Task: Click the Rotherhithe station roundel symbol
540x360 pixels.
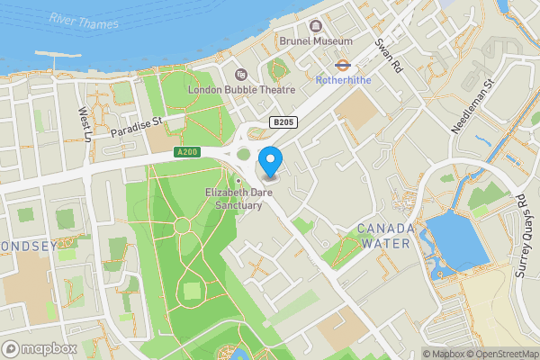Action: tap(343, 65)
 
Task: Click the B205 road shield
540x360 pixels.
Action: tap(283, 121)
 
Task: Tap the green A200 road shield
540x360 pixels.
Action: tap(187, 152)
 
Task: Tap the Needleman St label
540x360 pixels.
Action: tap(473, 107)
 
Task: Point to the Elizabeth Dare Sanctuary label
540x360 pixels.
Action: tap(233, 199)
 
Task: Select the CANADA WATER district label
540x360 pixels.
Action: tap(385, 236)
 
